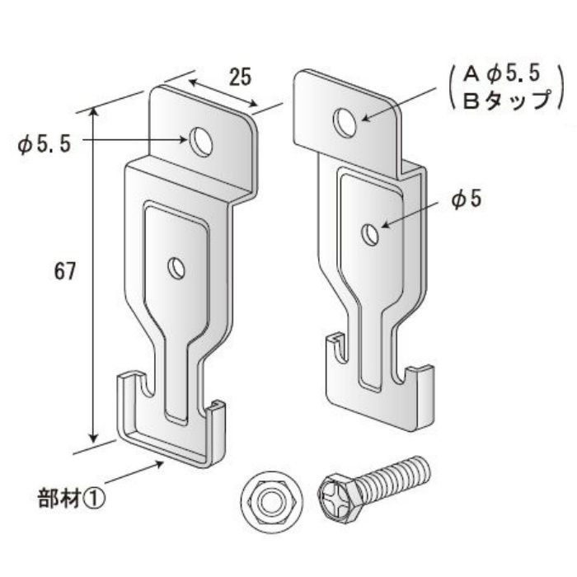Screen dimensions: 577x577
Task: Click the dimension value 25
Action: click(240, 77)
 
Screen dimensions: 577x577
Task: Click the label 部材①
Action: click(73, 498)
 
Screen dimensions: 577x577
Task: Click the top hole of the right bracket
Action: click(345, 123)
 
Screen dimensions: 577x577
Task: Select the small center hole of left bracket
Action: click(176, 267)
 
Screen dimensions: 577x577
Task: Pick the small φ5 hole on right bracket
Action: click(372, 235)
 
